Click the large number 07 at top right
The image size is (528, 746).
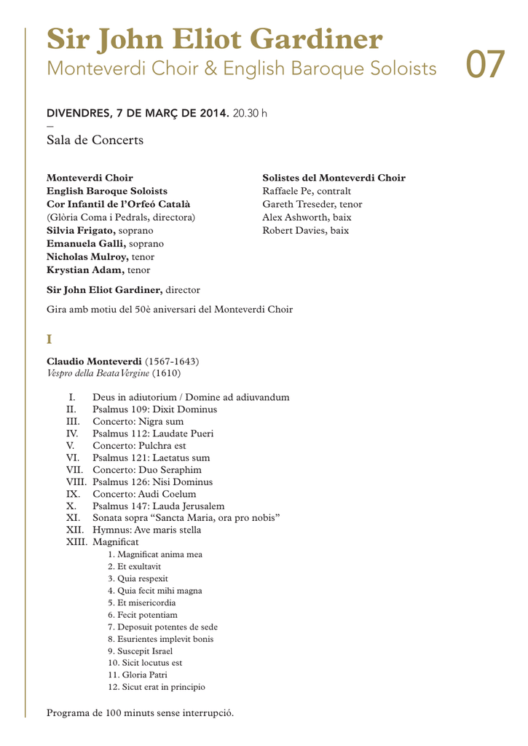(x=484, y=65)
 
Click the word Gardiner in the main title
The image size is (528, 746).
(x=320, y=39)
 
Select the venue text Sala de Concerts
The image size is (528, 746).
(x=95, y=140)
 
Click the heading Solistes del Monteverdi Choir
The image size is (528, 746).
(x=334, y=178)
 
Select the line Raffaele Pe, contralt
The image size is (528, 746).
(x=307, y=191)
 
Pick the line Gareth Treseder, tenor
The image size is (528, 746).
(x=312, y=204)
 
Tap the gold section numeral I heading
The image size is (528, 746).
(x=50, y=339)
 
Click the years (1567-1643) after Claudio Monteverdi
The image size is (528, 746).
(x=172, y=361)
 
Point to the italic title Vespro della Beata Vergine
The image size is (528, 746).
(x=98, y=373)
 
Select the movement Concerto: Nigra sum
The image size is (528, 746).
(x=138, y=422)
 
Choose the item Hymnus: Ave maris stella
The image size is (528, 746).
(x=147, y=530)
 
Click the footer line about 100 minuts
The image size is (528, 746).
(x=141, y=712)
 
